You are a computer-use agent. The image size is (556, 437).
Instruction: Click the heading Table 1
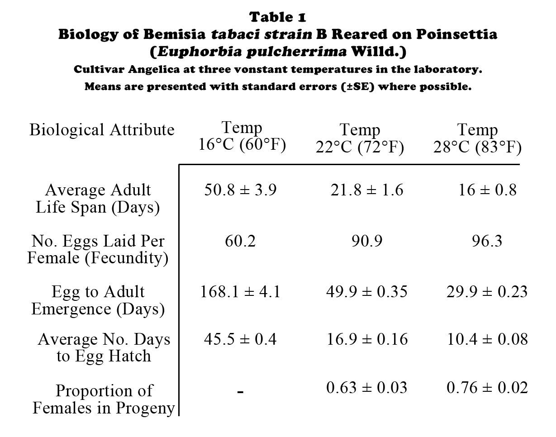tap(278, 17)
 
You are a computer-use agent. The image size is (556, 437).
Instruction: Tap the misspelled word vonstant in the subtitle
tap(296, 70)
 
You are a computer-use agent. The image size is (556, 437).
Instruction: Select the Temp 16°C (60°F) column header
tap(242, 137)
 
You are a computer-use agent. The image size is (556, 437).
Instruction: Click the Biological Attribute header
tap(102, 130)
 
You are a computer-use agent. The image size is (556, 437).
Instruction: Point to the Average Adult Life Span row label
tap(98, 199)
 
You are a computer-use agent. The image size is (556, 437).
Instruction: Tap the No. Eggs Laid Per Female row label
tap(98, 249)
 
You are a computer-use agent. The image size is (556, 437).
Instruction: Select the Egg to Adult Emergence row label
tap(98, 300)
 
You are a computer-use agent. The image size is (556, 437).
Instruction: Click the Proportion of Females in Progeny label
tap(104, 399)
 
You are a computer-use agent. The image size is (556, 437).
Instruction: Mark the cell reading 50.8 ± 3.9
tap(240, 190)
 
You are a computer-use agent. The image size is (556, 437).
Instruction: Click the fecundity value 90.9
tap(366, 241)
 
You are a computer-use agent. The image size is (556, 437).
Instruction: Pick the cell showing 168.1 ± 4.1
tap(240, 292)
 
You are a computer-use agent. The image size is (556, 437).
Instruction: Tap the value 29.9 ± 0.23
tap(487, 292)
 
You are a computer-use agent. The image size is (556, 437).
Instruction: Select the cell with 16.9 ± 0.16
tap(367, 339)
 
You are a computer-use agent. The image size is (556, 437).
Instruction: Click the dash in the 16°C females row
tap(240, 392)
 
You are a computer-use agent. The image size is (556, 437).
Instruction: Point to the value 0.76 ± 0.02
tap(487, 388)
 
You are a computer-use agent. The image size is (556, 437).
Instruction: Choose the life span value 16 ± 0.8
tap(487, 190)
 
